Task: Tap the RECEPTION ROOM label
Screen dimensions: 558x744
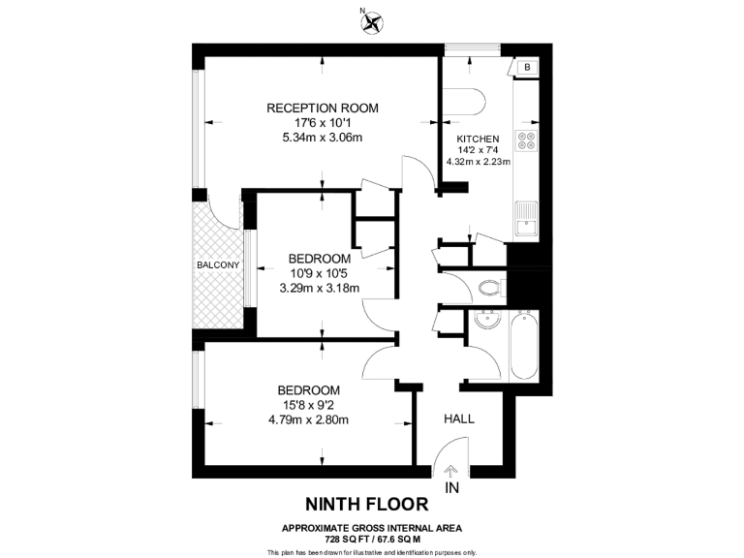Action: click(x=323, y=108)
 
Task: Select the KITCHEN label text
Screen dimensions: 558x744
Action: click(x=479, y=139)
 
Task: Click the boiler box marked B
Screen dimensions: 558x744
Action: click(x=528, y=67)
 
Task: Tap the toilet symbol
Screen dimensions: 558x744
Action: click(x=490, y=287)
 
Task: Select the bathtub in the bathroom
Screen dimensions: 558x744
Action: click(x=523, y=344)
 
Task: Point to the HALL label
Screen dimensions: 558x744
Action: click(x=459, y=418)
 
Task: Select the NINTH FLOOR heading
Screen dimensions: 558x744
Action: click(x=366, y=504)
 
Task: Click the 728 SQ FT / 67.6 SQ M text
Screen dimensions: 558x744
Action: click(x=372, y=539)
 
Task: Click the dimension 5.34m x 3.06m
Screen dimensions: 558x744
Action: click(x=323, y=138)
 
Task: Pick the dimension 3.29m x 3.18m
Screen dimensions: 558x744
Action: click(x=319, y=288)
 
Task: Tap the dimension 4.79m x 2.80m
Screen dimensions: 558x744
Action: click(x=309, y=419)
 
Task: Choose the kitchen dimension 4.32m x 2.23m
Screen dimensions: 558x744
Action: click(x=479, y=162)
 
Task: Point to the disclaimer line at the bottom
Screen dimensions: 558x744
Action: click(x=372, y=551)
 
